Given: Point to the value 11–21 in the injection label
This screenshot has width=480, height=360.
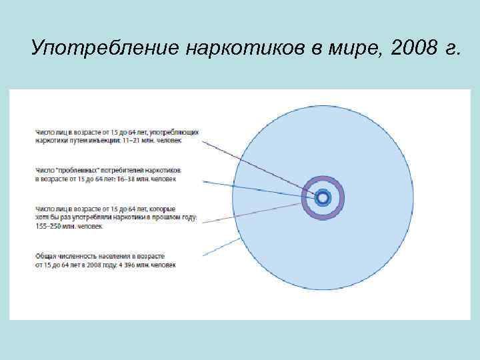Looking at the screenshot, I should (131, 141).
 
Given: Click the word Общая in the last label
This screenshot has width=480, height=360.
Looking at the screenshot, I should (46, 256).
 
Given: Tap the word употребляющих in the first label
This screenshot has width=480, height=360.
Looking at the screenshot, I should (176, 133).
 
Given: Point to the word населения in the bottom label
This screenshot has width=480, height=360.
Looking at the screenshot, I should (113, 256).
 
